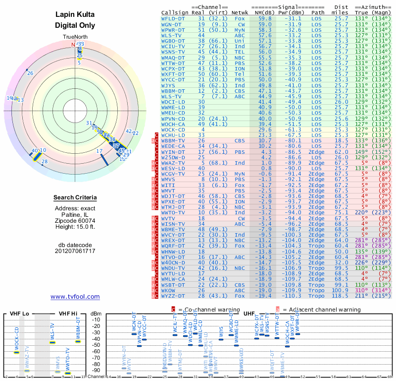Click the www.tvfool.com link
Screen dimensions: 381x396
(75, 297)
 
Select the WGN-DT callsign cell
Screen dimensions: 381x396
(172, 24)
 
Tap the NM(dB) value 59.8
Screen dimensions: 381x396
(265, 18)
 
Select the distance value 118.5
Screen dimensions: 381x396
(341, 296)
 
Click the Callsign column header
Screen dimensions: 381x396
(174, 12)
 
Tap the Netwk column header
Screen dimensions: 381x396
(240, 12)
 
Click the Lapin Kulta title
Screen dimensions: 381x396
(75, 15)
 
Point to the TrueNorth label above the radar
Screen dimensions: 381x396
(75, 37)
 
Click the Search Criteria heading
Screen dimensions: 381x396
(75, 198)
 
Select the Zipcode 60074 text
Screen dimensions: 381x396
(75, 220)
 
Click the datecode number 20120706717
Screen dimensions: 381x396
(75, 251)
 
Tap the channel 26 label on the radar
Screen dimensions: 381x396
(30, 73)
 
